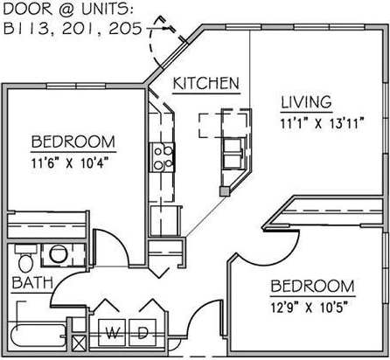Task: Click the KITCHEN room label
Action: (x=206, y=84)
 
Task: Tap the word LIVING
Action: (x=305, y=100)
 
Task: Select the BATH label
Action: (x=32, y=282)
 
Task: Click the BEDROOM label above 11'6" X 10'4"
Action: (x=73, y=142)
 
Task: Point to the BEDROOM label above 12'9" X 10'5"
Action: (x=312, y=287)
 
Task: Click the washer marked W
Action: (x=113, y=332)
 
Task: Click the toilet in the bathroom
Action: (x=24, y=260)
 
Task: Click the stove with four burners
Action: (x=163, y=156)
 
